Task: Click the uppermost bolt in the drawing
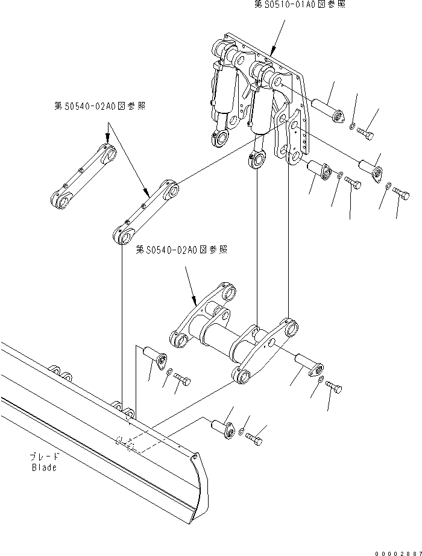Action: tap(365, 133)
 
